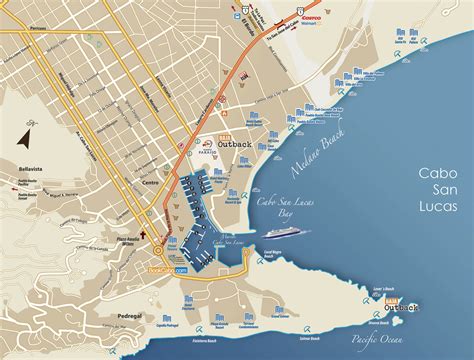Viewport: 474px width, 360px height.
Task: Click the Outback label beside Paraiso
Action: pos(240,142)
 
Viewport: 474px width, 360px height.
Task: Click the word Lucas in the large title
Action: pos(440,207)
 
